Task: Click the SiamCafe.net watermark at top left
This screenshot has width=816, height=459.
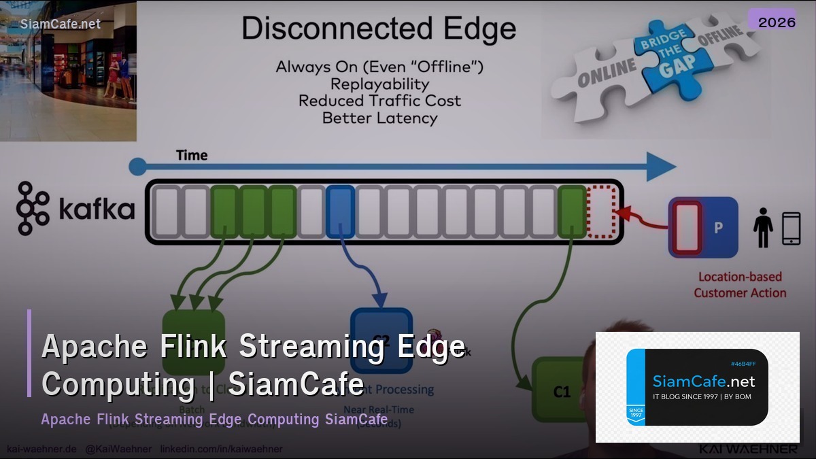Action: pyautogui.click(x=61, y=24)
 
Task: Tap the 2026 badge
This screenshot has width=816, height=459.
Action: pyautogui.click(x=777, y=22)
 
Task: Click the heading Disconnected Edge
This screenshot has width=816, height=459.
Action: pyautogui.click(x=379, y=29)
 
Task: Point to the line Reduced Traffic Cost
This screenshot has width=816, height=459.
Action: pyautogui.click(x=379, y=101)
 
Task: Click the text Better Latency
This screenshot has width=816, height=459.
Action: pyautogui.click(x=379, y=118)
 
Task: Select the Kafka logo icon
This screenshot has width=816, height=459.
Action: pyautogui.click(x=33, y=208)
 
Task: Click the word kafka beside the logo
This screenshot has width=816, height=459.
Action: pyautogui.click(x=97, y=209)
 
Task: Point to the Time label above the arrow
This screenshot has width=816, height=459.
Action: pyautogui.click(x=192, y=155)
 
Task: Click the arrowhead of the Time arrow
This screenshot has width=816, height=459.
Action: pyautogui.click(x=660, y=166)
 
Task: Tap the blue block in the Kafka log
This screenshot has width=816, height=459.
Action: pyautogui.click(x=340, y=211)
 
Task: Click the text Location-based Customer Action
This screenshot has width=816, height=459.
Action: pyautogui.click(x=740, y=285)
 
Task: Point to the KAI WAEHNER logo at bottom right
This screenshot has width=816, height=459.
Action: pyautogui.click(x=748, y=449)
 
